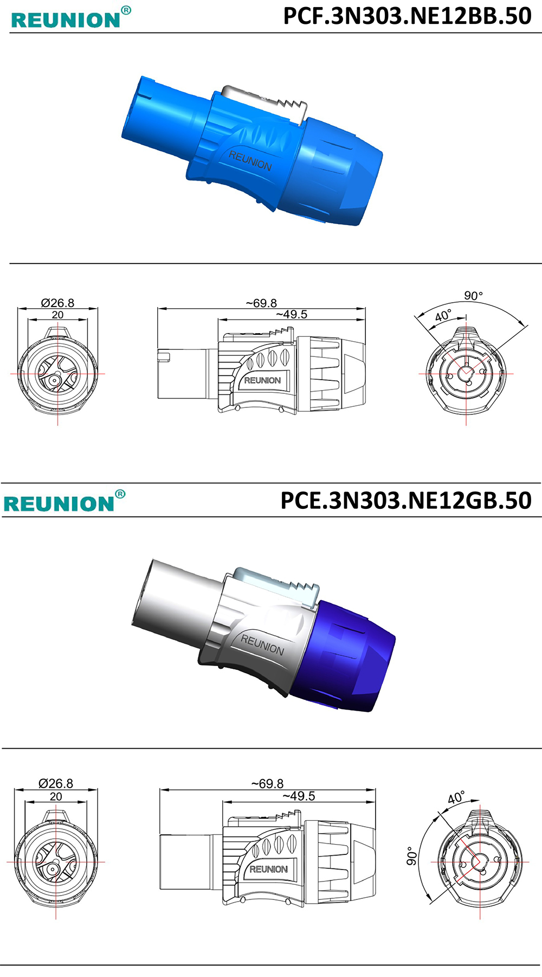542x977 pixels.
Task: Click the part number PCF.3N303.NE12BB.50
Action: tap(407, 16)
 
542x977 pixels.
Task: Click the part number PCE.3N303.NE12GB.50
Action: tap(406, 500)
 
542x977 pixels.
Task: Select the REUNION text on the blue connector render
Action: tap(250, 161)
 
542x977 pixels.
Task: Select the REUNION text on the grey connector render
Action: tap(262, 644)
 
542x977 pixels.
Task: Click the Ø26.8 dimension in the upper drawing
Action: tap(57, 303)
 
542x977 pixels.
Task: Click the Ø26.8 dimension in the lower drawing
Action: tap(56, 783)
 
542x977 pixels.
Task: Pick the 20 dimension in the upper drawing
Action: tap(57, 315)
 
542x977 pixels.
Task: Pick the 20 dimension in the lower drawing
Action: tap(56, 796)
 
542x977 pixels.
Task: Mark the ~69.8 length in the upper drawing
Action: tap(261, 303)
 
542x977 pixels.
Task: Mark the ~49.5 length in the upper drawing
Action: tap(292, 315)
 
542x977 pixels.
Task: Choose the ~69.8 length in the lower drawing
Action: tap(267, 784)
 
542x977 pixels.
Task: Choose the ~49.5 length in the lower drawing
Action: tap(299, 796)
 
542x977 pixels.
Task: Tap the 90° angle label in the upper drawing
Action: tap(473, 296)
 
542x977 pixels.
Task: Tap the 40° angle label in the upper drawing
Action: tap(443, 316)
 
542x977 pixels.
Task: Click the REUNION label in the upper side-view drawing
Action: tap(262, 380)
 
